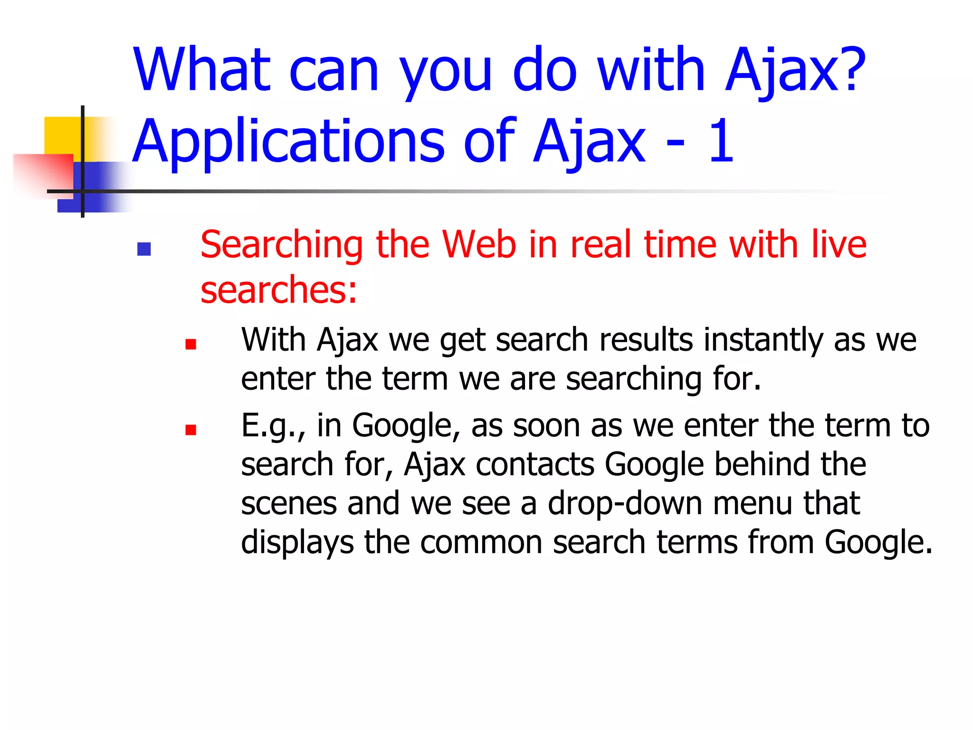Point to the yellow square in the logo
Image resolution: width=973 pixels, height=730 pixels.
click(62, 135)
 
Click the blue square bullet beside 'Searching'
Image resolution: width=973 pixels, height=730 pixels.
click(144, 249)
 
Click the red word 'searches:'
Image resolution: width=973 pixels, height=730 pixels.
click(278, 290)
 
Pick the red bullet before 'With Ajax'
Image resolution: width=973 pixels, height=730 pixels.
click(191, 344)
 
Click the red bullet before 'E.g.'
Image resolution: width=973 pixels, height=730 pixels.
click(191, 430)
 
